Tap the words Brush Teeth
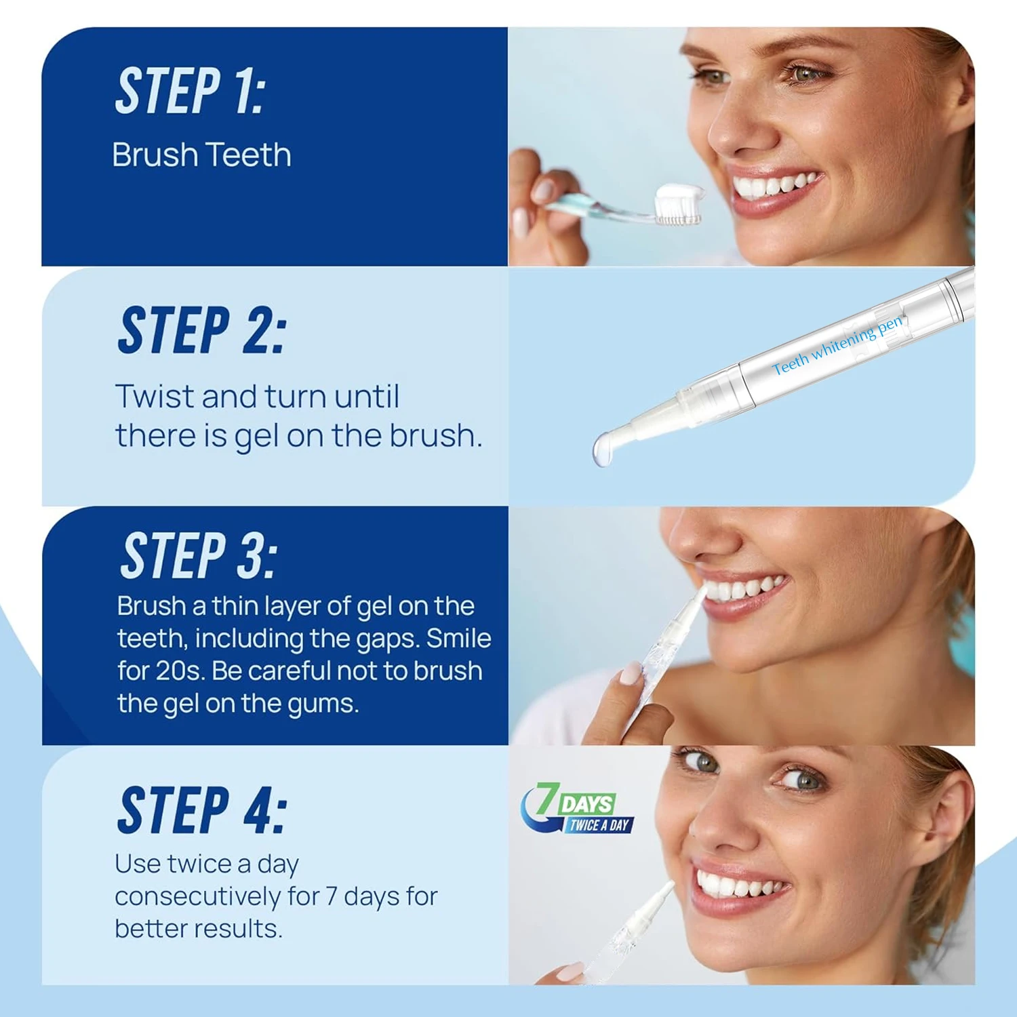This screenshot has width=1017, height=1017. (202, 155)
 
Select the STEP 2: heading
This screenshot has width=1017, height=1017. (202, 330)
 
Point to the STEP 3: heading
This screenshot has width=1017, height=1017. (199, 555)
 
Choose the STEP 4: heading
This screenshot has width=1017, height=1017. (202, 810)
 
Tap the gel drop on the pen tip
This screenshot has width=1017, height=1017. (602, 449)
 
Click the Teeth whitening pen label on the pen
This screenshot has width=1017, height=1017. (838, 345)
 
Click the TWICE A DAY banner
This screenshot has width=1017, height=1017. (599, 825)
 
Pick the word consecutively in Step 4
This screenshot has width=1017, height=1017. (197, 897)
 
